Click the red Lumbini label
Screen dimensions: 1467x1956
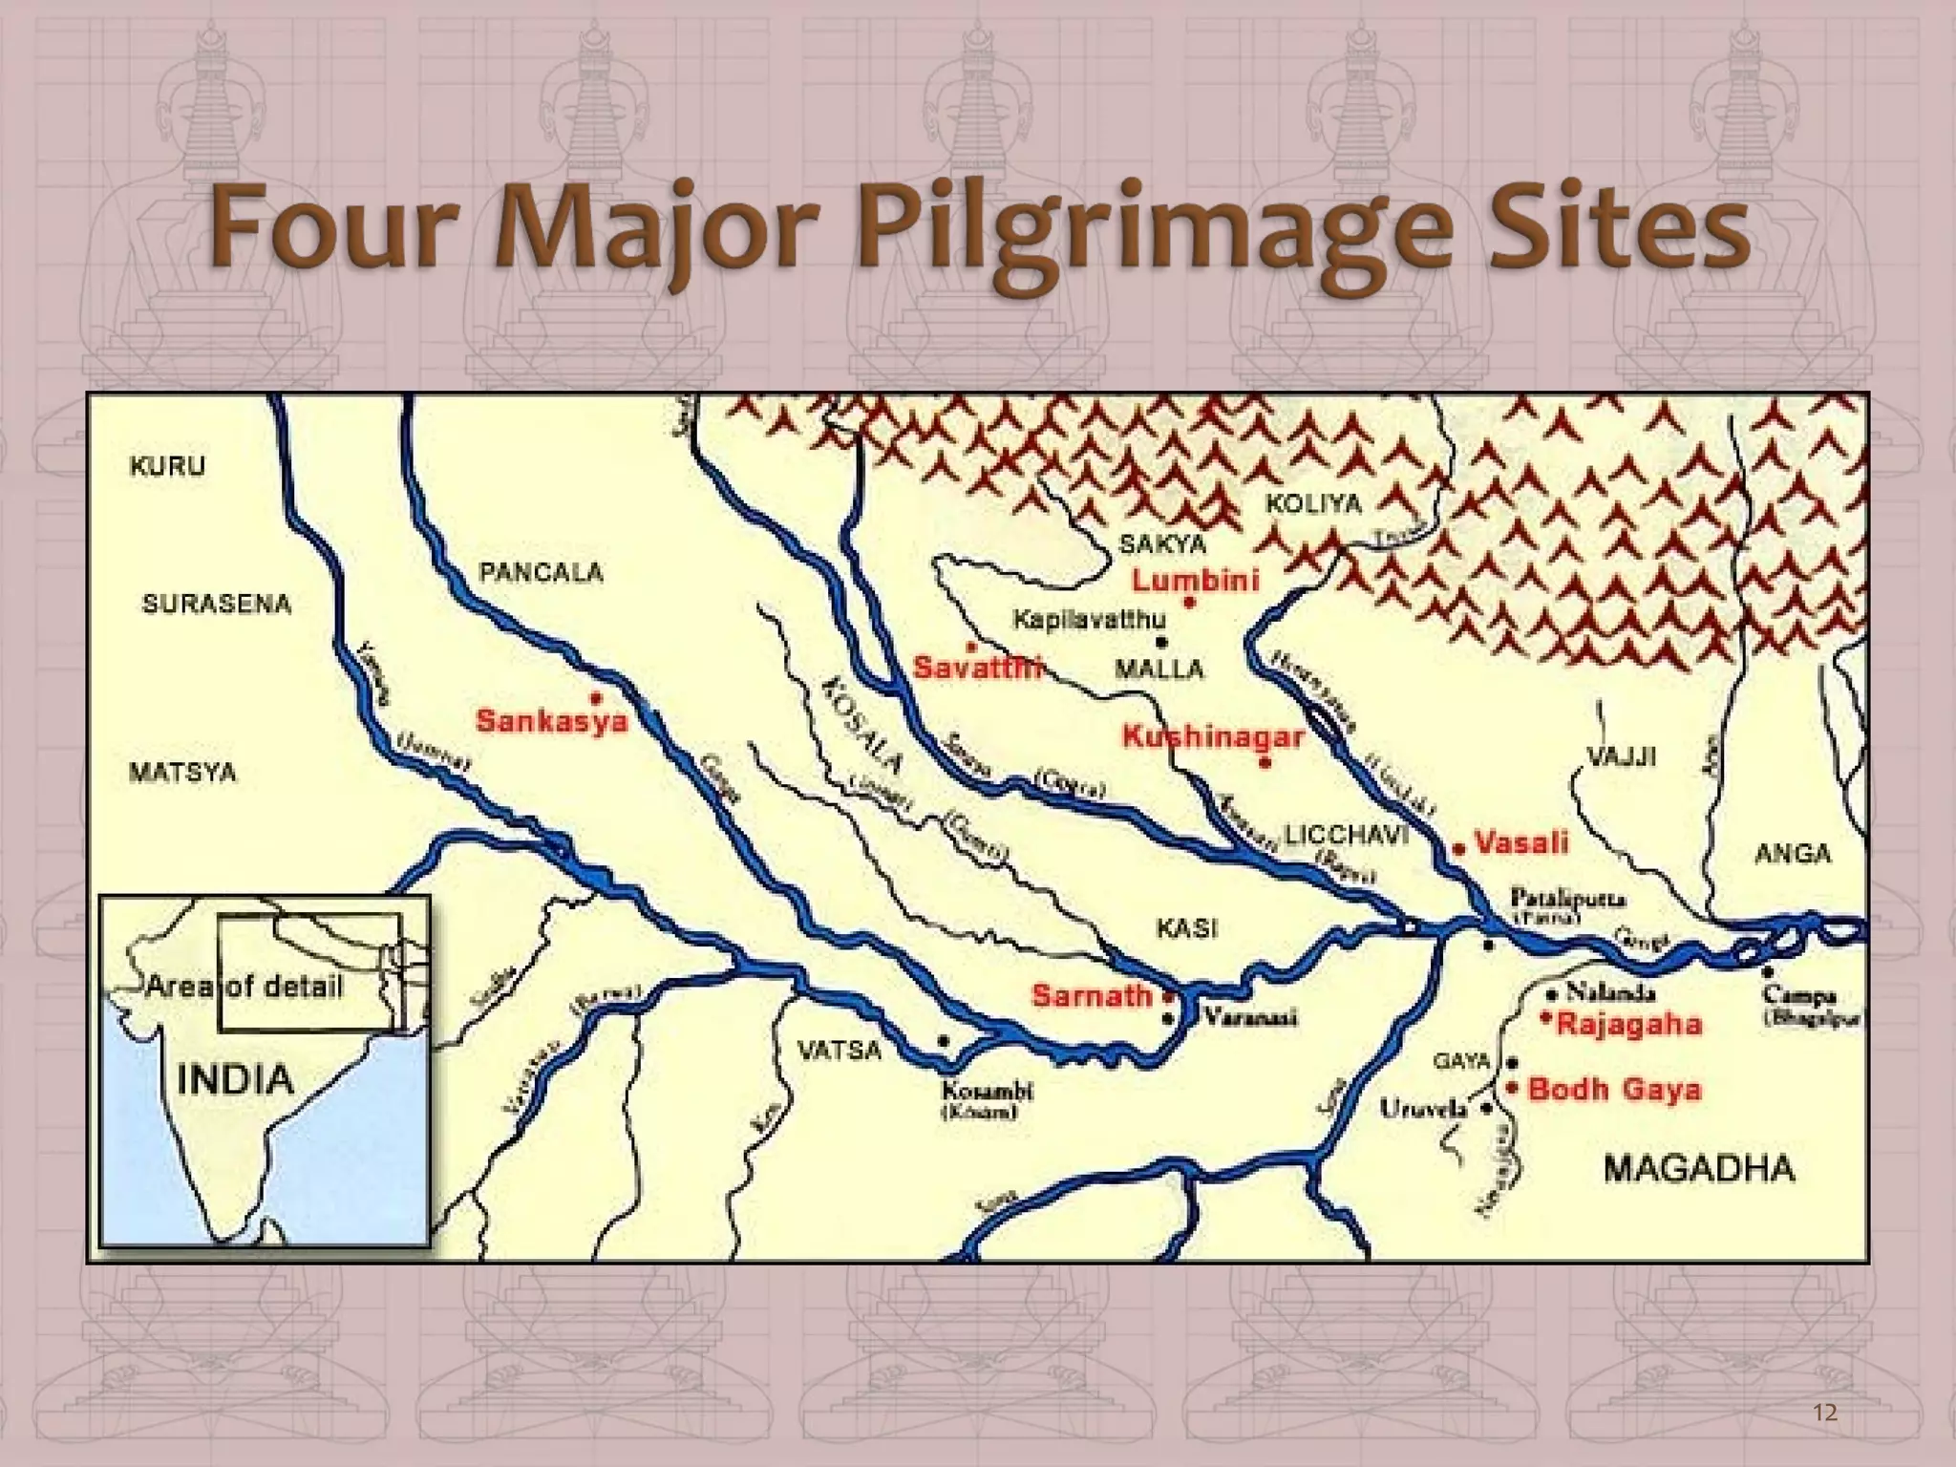(1195, 580)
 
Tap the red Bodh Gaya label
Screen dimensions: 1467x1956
(1614, 1090)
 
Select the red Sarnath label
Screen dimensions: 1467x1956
(1092, 995)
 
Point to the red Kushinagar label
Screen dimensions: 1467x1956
(1212, 736)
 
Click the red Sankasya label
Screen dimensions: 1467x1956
(552, 720)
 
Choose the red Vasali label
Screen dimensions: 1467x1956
(1521, 842)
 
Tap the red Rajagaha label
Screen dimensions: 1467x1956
(1629, 1025)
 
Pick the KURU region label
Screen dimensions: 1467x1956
(167, 466)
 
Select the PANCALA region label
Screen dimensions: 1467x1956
(541, 573)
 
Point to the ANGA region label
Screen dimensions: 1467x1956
(1793, 853)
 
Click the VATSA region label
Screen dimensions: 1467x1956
(840, 1051)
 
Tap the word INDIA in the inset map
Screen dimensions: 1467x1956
(236, 1080)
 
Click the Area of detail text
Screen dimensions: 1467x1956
(244, 987)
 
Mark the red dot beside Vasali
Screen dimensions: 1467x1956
(1458, 848)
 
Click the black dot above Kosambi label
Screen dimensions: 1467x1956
(943, 1041)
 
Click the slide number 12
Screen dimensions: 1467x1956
(1824, 1413)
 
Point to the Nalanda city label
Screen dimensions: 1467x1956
(1606, 991)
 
